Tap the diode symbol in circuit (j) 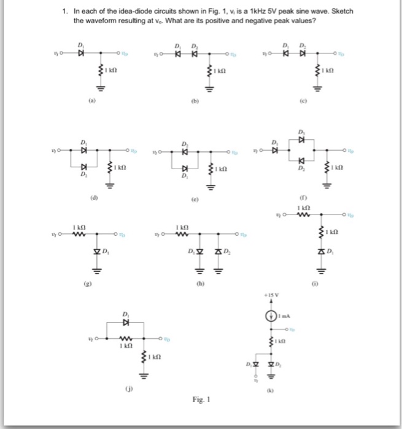127,321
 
